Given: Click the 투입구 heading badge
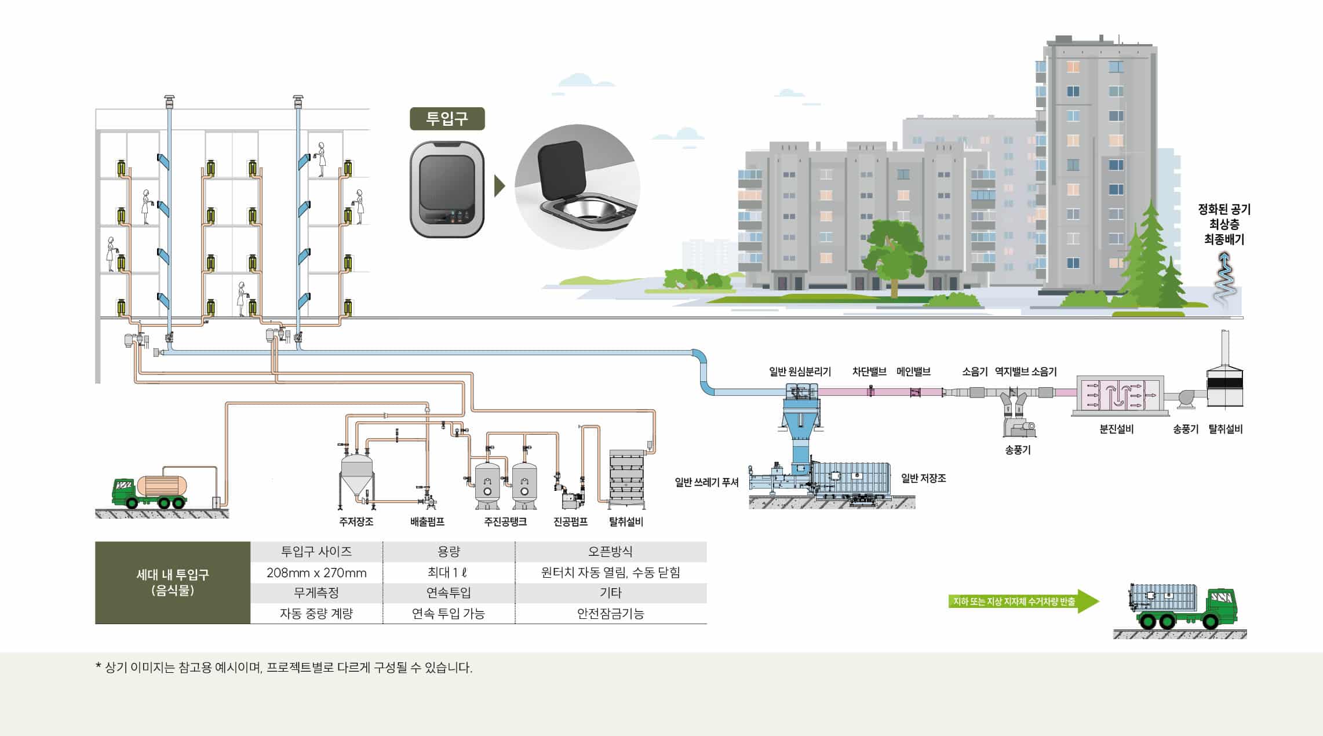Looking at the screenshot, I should [x=447, y=119].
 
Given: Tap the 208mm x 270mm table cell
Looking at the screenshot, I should [x=316, y=573].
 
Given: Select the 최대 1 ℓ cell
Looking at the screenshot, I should [x=448, y=573].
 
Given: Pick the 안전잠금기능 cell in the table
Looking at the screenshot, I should [x=610, y=613].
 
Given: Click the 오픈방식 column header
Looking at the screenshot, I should [x=610, y=552].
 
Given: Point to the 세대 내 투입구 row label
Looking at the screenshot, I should [x=173, y=582].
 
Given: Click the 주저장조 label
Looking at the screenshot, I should [x=356, y=522].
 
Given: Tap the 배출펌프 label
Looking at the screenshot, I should [x=427, y=522].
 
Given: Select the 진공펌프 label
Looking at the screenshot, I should [x=570, y=522].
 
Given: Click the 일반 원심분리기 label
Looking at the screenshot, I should [x=800, y=371].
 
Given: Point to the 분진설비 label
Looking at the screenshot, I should [x=1116, y=429].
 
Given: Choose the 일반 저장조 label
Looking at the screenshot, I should [x=923, y=478].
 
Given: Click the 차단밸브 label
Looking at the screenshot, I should [x=869, y=371].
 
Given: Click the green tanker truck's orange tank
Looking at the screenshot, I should [x=162, y=486].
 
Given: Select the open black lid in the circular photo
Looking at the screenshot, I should [x=560, y=167].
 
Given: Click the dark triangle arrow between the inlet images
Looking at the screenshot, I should [x=499, y=186].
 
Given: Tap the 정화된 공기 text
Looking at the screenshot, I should [x=1224, y=209].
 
